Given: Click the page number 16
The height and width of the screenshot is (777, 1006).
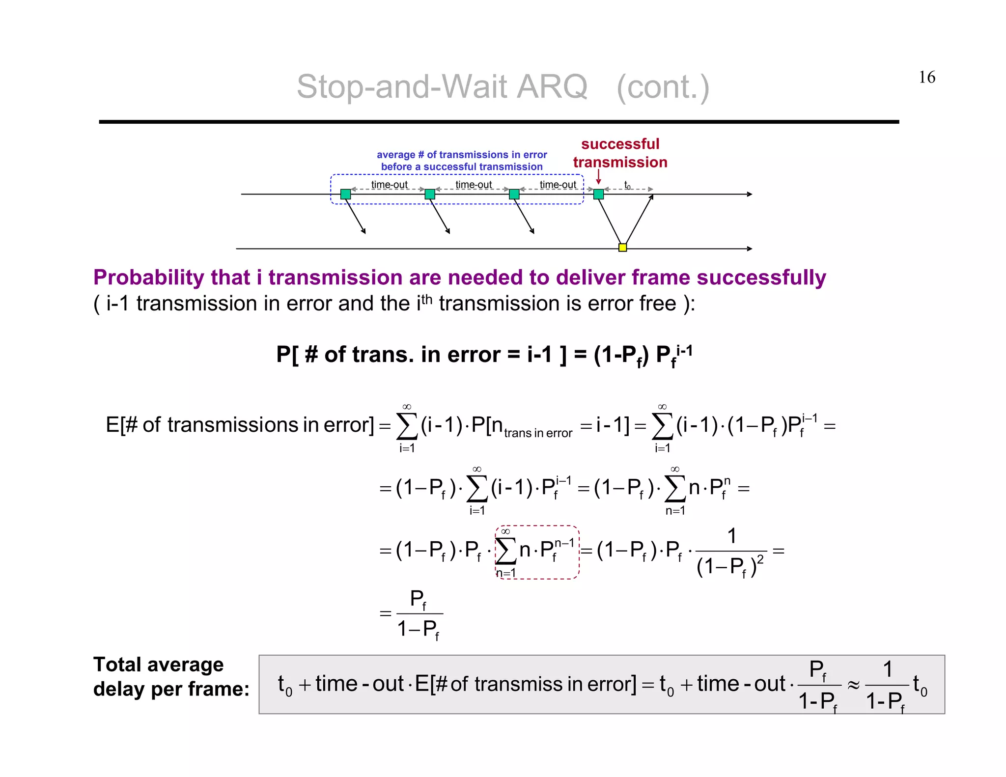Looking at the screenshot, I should [x=927, y=77].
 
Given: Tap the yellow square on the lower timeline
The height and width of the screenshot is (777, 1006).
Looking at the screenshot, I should [x=622, y=248].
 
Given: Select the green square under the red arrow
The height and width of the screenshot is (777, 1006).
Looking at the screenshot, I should [x=598, y=194].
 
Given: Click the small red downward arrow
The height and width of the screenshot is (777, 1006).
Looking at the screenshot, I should [x=598, y=177].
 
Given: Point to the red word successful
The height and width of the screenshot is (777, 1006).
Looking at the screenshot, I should [x=620, y=144].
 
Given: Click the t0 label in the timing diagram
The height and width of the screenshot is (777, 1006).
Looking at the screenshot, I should [x=627, y=185].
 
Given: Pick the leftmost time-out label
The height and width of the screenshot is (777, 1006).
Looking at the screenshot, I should [x=389, y=185].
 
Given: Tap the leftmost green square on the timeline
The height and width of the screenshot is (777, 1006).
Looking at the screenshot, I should [x=345, y=194].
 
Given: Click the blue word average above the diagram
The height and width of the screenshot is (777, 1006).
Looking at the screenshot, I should [x=395, y=155].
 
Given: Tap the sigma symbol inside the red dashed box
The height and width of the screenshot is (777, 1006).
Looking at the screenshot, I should [x=505, y=551].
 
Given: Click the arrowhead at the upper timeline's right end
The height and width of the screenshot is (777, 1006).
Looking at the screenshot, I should [x=749, y=194].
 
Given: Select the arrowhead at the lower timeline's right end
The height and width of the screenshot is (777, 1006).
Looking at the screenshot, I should [x=749, y=249].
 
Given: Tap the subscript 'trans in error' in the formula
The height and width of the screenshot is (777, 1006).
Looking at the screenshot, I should [x=538, y=433].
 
